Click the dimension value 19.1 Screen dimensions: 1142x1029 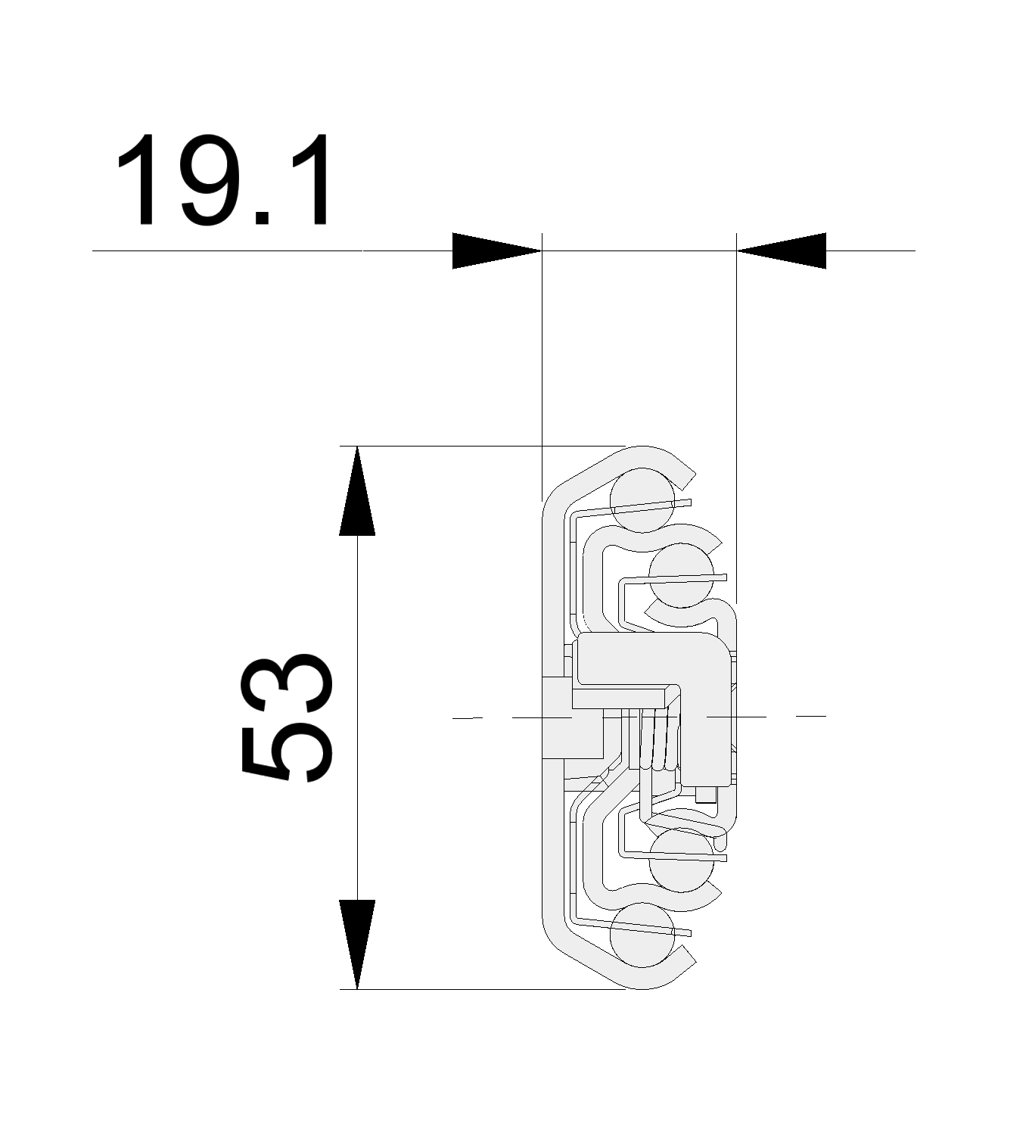point(223,182)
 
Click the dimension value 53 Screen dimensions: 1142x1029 point(286,717)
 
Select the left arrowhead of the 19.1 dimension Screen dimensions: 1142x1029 point(496,250)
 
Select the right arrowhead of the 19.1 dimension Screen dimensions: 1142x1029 point(782,250)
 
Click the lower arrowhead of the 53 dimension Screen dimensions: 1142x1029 point(357,944)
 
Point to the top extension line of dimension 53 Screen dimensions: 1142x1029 point(484,447)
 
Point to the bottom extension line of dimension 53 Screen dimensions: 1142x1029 point(484,989)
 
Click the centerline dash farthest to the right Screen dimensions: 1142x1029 point(811,715)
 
